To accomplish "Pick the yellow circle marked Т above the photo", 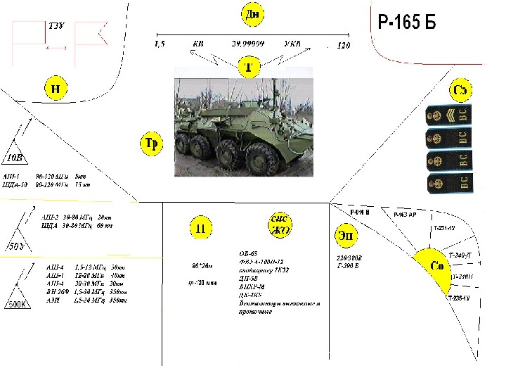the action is coord(248,68).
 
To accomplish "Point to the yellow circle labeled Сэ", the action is coord(462,91).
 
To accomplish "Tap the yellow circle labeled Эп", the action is coord(346,235).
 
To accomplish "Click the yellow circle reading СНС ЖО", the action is coord(280,225).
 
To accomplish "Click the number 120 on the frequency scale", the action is coord(344,46).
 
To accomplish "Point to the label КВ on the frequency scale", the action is coord(199,44).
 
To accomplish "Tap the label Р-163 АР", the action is coord(406,213).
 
